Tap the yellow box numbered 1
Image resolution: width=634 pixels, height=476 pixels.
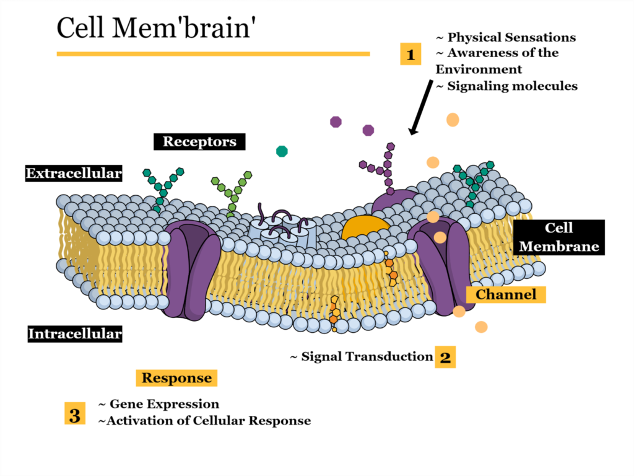410,55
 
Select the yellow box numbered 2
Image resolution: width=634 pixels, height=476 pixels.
445,357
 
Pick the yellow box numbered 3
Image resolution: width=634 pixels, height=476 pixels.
74,414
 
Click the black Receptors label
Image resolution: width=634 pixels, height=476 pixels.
199,141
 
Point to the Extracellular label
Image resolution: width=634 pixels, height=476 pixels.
74,173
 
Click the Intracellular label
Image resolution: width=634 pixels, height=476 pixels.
75,334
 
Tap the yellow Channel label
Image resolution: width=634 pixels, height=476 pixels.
506,294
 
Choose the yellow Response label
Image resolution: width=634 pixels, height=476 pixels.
176,377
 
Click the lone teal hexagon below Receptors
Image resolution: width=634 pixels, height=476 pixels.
282,151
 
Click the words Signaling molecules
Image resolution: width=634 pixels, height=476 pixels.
511,86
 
